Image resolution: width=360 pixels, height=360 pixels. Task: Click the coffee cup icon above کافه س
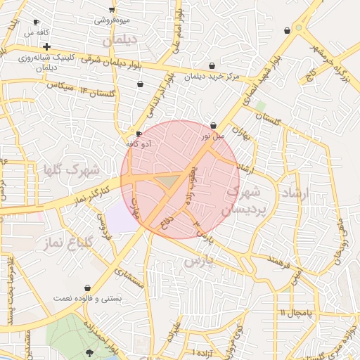tap(36, 22)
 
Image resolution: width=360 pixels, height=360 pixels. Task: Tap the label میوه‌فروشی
tap(112, 20)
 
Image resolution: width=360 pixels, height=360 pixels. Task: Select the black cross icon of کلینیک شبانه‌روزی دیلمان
tap(46, 46)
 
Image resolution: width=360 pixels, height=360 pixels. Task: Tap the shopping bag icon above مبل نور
tap(213, 124)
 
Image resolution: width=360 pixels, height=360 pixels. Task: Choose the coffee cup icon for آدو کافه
tap(139, 134)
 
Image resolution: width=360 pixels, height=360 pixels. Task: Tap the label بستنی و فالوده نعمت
tap(88, 298)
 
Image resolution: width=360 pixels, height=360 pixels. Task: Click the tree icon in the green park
tap(89, 352)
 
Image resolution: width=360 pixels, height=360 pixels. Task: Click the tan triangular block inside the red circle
tap(167, 181)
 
